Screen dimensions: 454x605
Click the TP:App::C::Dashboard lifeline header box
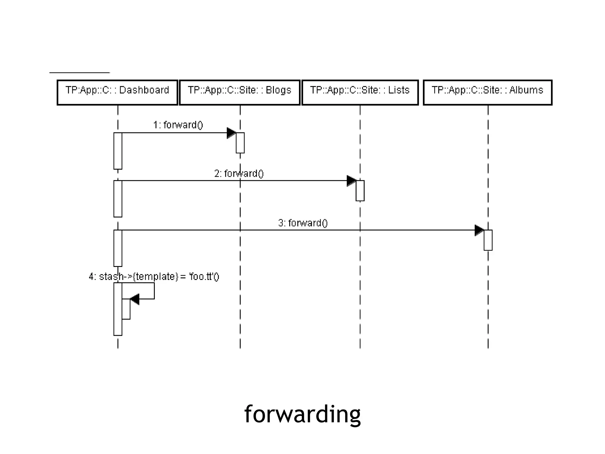(117, 92)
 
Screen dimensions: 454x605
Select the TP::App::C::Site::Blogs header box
(240, 92)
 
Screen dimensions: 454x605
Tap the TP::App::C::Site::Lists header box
(360, 92)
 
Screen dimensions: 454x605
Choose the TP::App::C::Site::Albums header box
(487, 92)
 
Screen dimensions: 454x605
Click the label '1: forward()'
(178, 125)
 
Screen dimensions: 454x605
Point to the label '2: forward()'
(239, 174)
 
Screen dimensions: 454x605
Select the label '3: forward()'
(303, 223)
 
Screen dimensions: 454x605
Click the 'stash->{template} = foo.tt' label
(154, 277)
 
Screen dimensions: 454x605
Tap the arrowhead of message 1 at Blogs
(231, 133)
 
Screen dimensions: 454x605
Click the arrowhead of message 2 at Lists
(351, 181)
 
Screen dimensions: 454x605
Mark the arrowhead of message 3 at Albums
(479, 230)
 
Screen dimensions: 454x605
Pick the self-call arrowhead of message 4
(135, 299)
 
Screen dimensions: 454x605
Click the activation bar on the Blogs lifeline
(240, 143)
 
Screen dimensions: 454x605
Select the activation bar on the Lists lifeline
(360, 191)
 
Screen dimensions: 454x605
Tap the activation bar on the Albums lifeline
(488, 240)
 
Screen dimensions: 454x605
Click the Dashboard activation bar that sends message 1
(118, 151)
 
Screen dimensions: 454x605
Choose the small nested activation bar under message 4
(126, 309)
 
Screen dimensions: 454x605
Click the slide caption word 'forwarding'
(302, 414)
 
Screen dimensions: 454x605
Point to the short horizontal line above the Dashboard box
(79, 72)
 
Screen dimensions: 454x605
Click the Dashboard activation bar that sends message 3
(118, 248)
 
